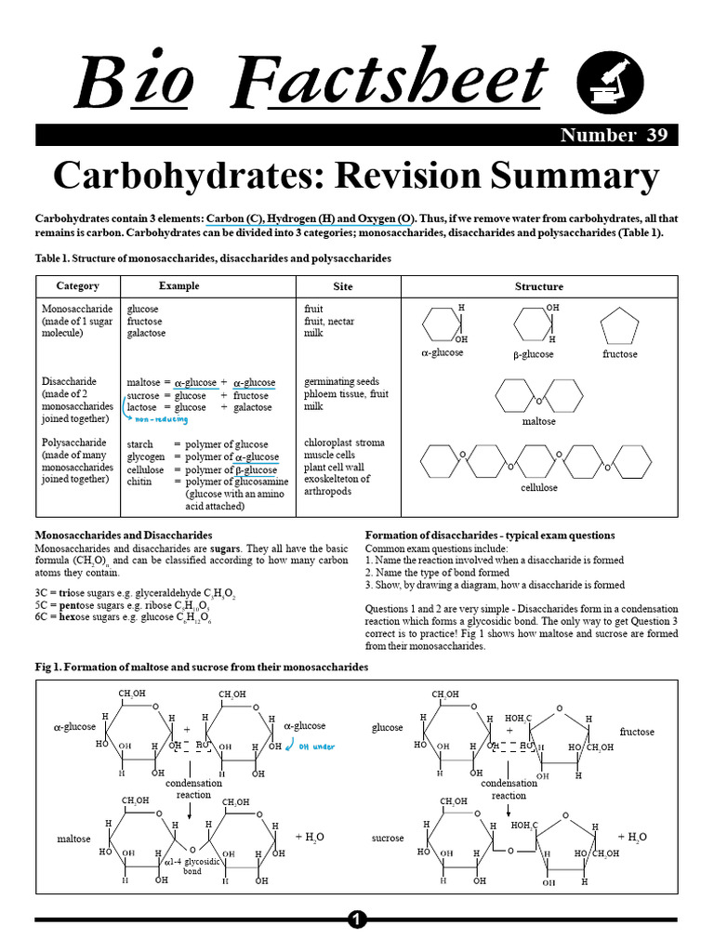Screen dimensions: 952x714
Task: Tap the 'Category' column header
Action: point(77,286)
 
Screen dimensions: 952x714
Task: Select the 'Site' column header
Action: point(343,286)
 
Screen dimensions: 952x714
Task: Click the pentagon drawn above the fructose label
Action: point(618,327)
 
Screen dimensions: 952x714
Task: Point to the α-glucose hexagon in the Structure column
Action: point(441,325)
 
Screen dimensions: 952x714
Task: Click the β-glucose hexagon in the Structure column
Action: point(532,325)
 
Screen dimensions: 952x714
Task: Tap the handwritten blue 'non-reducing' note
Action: point(156,419)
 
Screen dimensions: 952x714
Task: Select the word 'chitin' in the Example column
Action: point(139,482)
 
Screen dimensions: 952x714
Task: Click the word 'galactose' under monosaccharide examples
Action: point(146,333)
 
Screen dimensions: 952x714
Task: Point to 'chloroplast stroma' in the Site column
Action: point(344,443)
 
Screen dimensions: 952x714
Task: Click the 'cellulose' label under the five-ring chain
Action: point(538,487)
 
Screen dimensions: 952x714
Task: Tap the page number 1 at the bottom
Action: point(357,919)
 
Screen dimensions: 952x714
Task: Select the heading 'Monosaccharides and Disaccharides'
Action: point(124,535)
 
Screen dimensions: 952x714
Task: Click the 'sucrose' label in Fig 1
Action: point(388,838)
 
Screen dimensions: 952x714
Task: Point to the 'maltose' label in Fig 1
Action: point(73,839)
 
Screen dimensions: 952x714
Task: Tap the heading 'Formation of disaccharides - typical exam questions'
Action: point(490,535)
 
